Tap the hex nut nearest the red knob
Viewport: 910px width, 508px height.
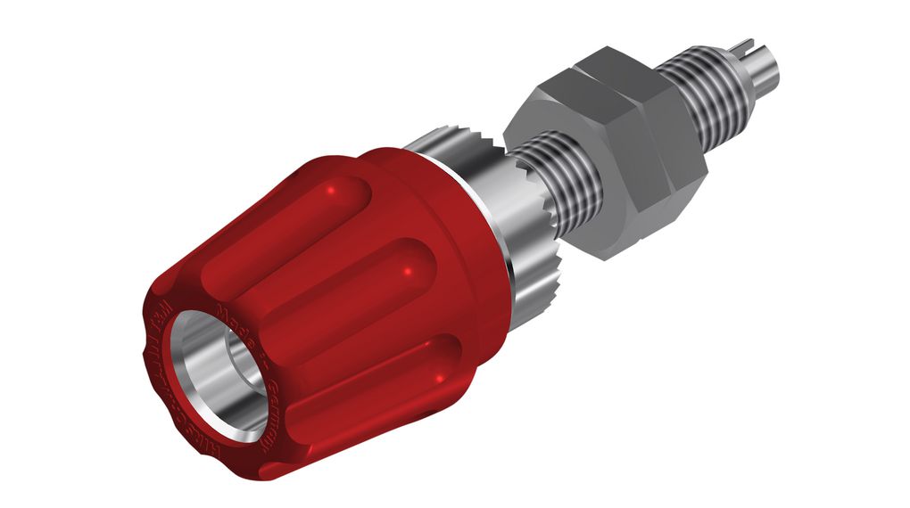pyautogui.click(x=571, y=178)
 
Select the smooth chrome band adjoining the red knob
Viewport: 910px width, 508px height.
pyautogui.click(x=486, y=223)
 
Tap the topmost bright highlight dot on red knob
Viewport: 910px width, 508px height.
pyautogui.click(x=334, y=190)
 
